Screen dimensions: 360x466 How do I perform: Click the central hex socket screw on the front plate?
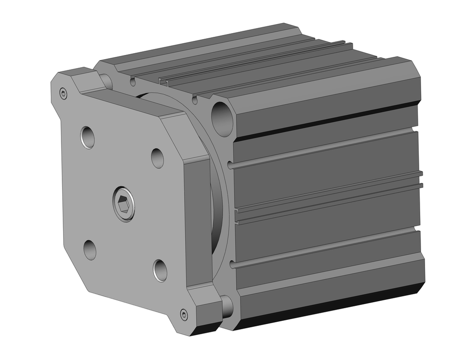click(124, 204)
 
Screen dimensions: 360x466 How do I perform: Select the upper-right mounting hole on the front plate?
click(158, 158)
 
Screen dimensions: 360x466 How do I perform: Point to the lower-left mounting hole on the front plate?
click(90, 250)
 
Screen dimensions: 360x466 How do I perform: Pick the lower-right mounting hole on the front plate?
click(160, 270)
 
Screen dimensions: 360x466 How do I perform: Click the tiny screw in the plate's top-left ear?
click(64, 94)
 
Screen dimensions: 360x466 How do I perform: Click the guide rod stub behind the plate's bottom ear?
click(227, 305)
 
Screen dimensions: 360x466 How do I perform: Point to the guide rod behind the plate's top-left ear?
click(106, 81)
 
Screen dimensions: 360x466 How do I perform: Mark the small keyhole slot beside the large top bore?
click(195, 100)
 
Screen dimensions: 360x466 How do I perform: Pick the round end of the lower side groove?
click(232, 266)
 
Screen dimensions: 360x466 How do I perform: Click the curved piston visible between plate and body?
click(216, 210)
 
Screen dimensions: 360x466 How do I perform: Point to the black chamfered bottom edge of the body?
click(326, 310)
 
